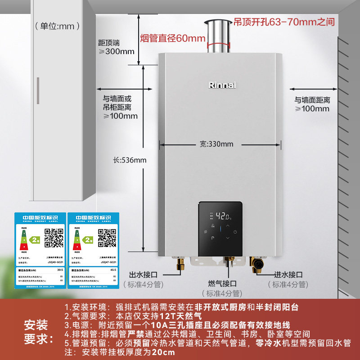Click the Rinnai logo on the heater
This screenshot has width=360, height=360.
click(222, 85)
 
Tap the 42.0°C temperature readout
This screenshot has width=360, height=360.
click(223, 216)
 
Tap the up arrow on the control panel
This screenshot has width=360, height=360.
click(227, 225)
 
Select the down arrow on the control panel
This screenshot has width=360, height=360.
click(227, 238)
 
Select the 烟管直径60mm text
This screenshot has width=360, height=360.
click(173, 38)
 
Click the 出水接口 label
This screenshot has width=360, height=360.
click(144, 274)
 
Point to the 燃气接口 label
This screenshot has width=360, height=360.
click(222, 283)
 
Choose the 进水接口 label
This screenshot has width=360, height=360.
click(288, 274)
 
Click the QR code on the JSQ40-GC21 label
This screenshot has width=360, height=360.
click(54, 238)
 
